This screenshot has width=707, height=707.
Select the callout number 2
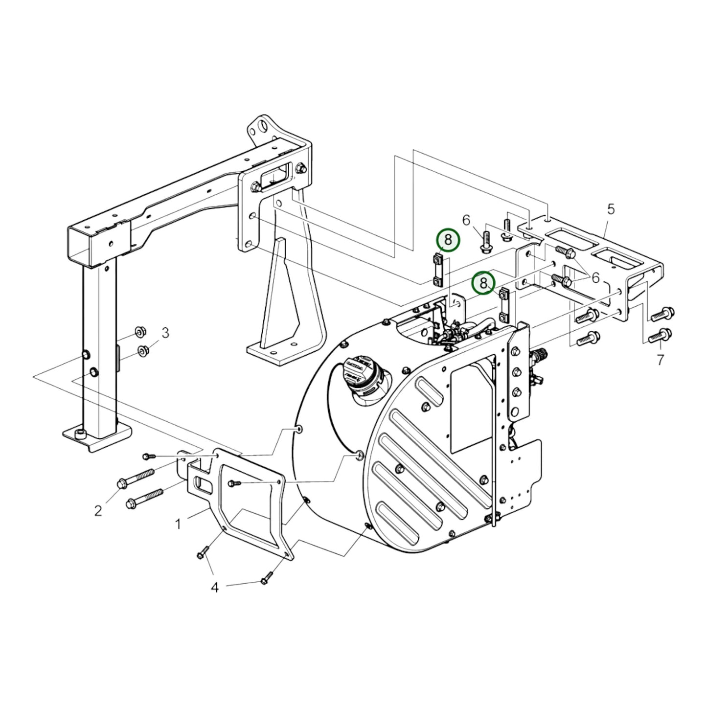click(x=98, y=511)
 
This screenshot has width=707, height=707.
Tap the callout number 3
click(x=165, y=333)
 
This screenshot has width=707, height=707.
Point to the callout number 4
click(x=215, y=587)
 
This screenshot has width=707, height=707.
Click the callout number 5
click(x=611, y=209)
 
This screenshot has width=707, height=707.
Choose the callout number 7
click(x=660, y=361)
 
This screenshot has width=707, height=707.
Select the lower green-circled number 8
click(x=483, y=283)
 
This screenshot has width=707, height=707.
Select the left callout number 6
click(x=466, y=220)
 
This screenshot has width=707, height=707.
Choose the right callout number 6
click(x=595, y=277)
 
